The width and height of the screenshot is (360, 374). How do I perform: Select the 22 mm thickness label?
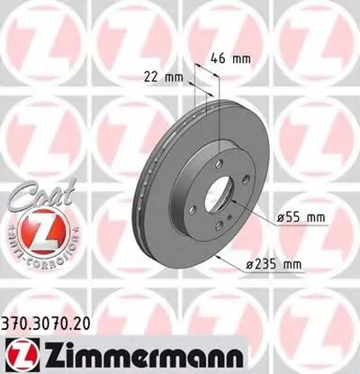[x=163, y=78]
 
